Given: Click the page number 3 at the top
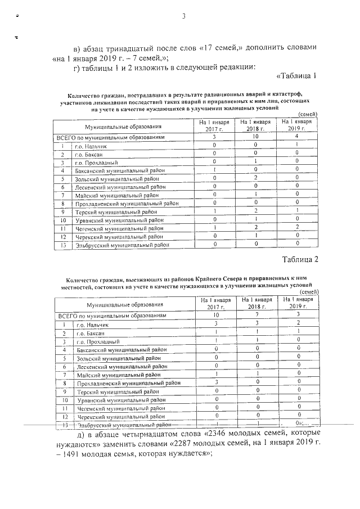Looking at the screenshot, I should (x=183, y=15).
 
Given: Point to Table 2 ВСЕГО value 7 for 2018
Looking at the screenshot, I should (x=256, y=316).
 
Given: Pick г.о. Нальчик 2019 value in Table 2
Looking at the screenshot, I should (x=297, y=324).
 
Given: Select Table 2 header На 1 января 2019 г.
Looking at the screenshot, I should (x=297, y=304).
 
